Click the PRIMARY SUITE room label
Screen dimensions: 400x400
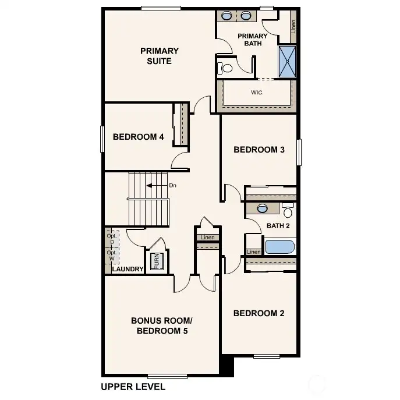click(x=160, y=56)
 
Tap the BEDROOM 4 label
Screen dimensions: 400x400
click(x=138, y=137)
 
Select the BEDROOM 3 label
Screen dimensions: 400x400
click(x=259, y=150)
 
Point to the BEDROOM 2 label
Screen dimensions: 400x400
click(x=259, y=313)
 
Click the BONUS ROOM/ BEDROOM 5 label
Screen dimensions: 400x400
click(x=162, y=326)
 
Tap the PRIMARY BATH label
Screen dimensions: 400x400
click(x=253, y=40)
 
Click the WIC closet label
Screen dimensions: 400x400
click(x=256, y=93)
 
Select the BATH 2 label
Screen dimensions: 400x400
click(x=278, y=225)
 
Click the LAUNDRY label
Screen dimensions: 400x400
click(x=128, y=269)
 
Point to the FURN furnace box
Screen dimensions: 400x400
click(x=156, y=261)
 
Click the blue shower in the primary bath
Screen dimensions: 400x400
click(x=287, y=62)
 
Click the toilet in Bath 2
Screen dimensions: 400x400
click(x=288, y=211)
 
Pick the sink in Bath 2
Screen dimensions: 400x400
click(x=262, y=208)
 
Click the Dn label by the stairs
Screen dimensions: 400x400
click(x=172, y=186)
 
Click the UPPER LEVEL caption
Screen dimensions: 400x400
click(x=133, y=387)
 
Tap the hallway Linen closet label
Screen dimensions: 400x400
click(x=208, y=238)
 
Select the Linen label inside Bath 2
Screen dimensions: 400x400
click(x=254, y=252)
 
